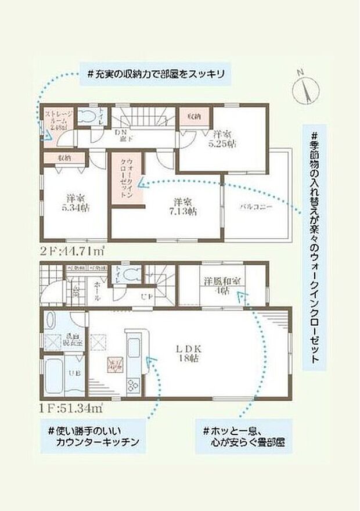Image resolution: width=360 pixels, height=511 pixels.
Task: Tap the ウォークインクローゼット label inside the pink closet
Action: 126,179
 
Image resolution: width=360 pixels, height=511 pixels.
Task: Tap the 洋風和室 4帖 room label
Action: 222,287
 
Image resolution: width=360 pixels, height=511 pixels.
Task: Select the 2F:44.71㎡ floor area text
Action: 71,251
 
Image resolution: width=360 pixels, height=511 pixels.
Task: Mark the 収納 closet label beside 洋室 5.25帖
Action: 193,116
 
